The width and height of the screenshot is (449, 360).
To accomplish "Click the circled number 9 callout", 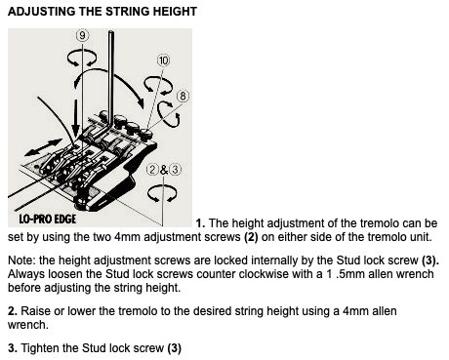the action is click(x=83, y=35).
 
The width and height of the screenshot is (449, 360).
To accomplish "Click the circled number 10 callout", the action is click(x=163, y=60).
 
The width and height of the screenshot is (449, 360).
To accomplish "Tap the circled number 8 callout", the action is click(x=183, y=97).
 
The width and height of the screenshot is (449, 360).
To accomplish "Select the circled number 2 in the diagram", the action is click(x=152, y=170).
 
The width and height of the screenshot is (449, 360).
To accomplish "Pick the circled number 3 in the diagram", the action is click(x=175, y=170).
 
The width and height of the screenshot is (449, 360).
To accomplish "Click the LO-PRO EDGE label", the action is click(x=48, y=219).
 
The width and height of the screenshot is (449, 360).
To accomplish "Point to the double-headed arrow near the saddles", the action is click(x=43, y=147).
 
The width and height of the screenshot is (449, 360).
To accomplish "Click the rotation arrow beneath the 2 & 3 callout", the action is click(x=162, y=193).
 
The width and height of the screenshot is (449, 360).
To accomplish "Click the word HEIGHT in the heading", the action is click(x=175, y=12).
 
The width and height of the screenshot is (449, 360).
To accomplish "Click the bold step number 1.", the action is click(x=200, y=223).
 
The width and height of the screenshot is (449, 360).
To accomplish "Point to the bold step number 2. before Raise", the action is click(x=13, y=311).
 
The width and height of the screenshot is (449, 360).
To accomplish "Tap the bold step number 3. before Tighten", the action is click(x=13, y=348).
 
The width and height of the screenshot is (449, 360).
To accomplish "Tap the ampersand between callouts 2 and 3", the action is click(x=164, y=170).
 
